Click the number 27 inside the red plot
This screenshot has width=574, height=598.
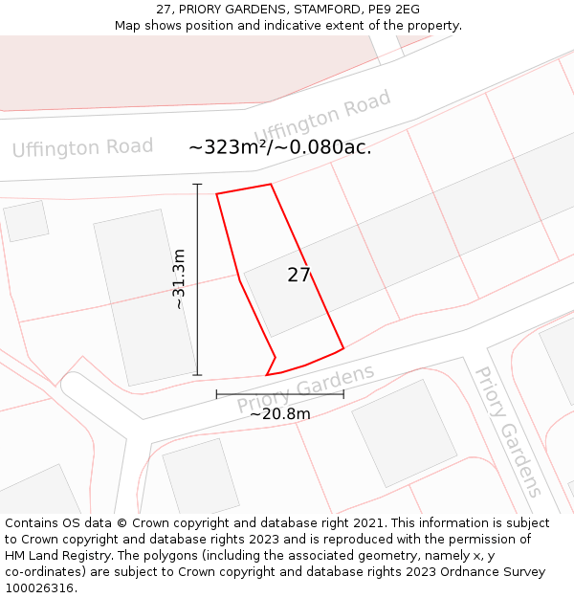coord(298,276)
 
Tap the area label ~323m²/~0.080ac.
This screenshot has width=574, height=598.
coord(279,147)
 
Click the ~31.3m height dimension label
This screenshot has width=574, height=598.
coord(179,278)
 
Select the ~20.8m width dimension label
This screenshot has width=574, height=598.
coord(279,413)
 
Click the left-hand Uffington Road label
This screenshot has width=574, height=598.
coord(82,147)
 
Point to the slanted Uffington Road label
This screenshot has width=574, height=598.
coord(322,116)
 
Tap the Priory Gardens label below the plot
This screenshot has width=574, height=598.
coord(305,389)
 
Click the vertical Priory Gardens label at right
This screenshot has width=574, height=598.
coord(509,431)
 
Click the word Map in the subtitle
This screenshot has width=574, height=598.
coord(128,25)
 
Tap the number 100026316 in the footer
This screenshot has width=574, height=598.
coord(40,587)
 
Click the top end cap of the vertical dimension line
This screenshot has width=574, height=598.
coord(197,184)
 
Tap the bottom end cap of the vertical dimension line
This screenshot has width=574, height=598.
coord(197,375)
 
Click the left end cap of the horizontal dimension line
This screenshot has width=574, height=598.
coord(216,393)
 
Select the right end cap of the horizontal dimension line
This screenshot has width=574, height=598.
coord(343,393)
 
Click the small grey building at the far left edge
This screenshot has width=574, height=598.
coord(26,220)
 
